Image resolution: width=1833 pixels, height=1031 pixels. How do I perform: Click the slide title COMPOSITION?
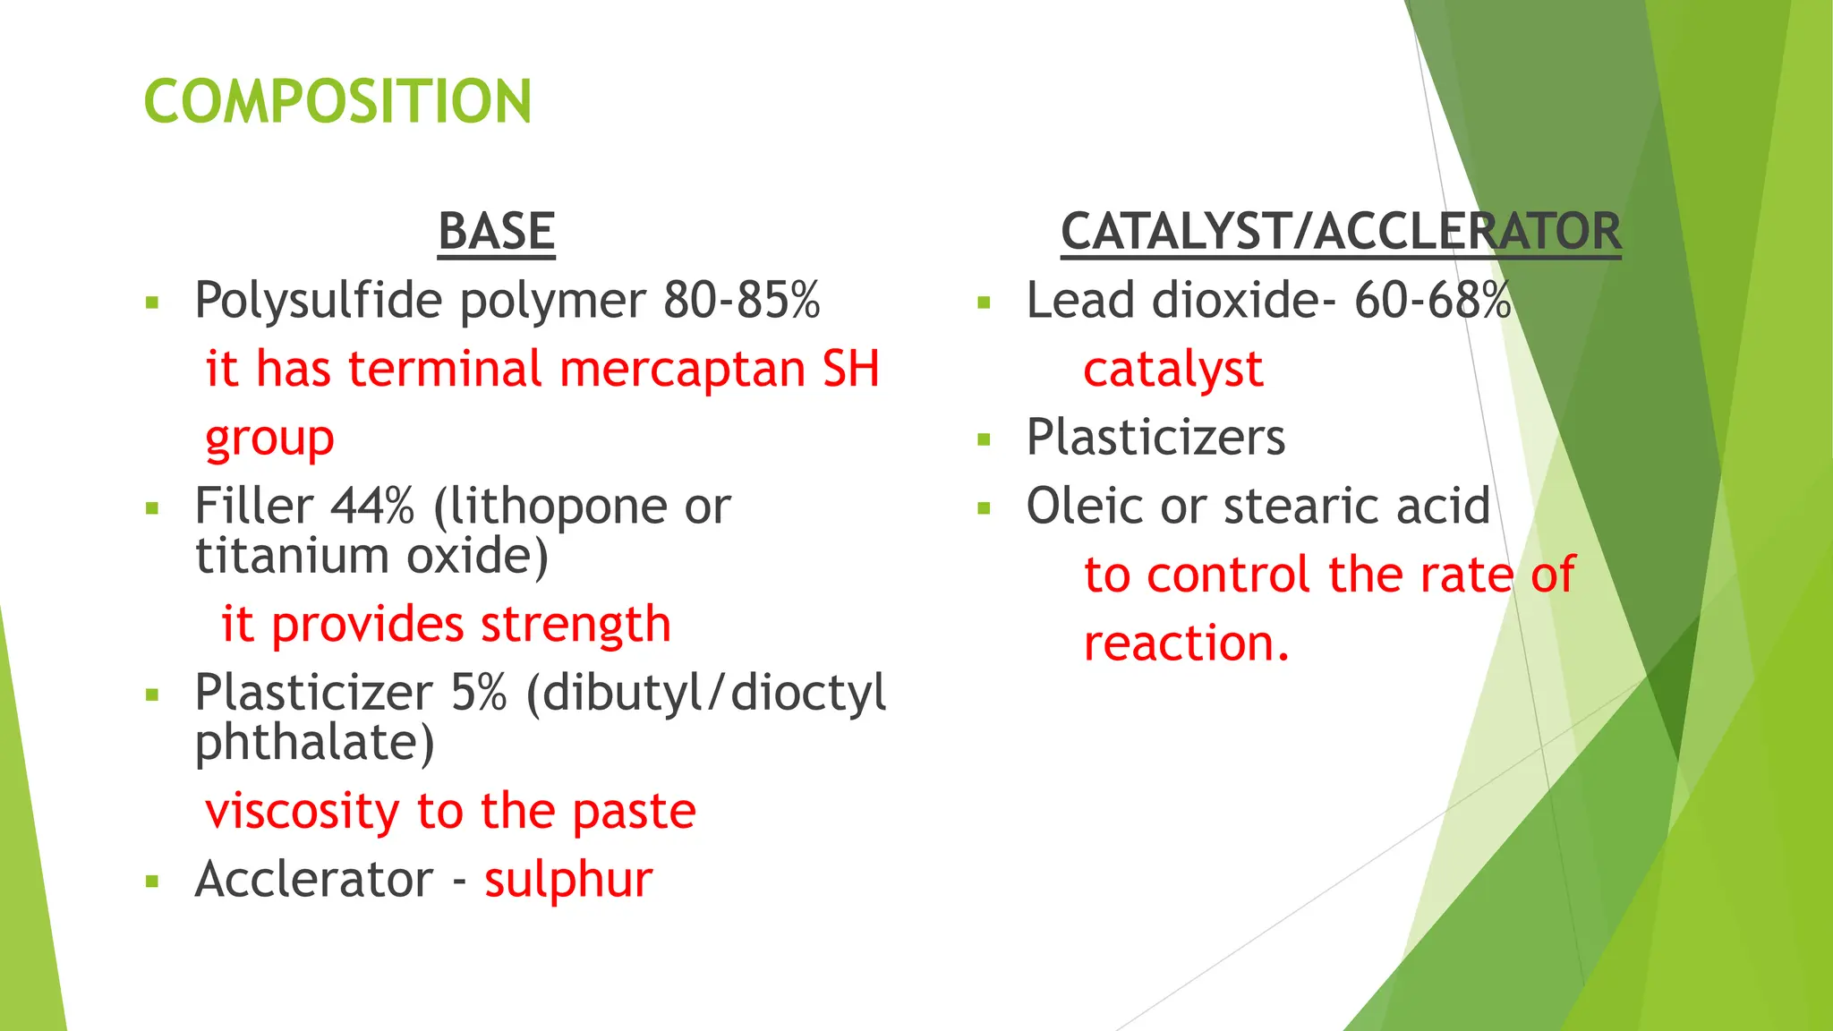[x=337, y=101]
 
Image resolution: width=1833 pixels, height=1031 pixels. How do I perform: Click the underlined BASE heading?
[x=497, y=231]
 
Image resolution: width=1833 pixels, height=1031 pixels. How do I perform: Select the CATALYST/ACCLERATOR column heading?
[x=1340, y=231]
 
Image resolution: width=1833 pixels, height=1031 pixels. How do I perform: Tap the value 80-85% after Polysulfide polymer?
[x=741, y=300]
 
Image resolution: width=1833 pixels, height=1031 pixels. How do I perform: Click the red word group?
[x=269, y=439]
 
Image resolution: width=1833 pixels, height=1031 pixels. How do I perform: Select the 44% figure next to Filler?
[x=372, y=507]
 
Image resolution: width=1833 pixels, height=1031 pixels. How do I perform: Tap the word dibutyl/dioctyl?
[x=714, y=693]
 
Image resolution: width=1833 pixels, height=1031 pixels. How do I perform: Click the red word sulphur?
[x=568, y=880]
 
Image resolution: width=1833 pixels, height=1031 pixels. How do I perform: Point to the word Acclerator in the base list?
[x=314, y=880]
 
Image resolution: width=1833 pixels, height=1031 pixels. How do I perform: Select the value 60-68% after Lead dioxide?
[x=1432, y=300]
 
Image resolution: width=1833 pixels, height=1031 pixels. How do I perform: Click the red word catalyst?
[x=1173, y=369]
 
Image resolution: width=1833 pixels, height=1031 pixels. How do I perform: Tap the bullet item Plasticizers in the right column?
[x=1155, y=438]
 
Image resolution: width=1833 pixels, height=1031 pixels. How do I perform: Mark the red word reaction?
[x=1186, y=643]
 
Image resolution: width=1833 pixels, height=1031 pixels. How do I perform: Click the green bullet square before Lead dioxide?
[x=985, y=302]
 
